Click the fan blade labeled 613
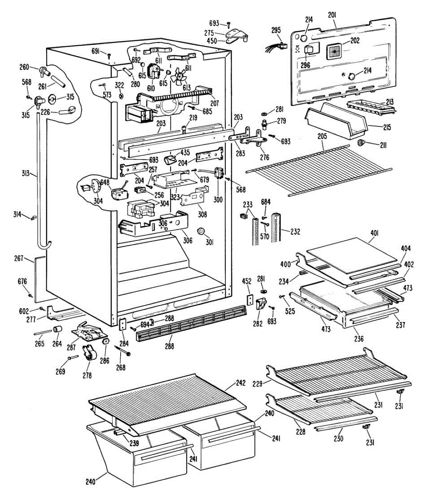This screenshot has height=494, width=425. (178, 76)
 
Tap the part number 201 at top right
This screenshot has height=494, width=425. (332, 15)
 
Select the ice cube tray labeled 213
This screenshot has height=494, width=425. (371, 107)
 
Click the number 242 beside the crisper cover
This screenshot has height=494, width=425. (241, 383)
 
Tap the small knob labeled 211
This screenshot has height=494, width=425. (361, 143)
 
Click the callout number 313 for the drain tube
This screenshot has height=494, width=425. (26, 173)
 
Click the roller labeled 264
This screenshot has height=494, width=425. (57, 329)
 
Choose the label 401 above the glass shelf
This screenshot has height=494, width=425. (375, 233)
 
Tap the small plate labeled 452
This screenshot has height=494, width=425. (250, 299)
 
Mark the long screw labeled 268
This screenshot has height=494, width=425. (123, 350)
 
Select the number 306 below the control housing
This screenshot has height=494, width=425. (187, 240)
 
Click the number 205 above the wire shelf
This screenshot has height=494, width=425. (322, 136)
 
